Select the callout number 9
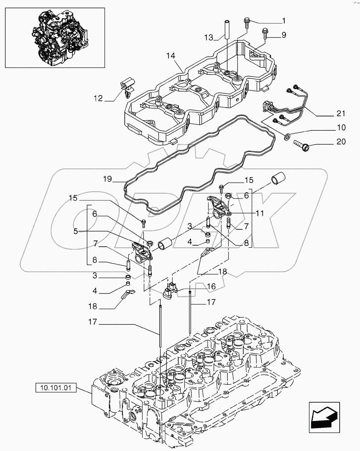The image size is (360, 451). tap(284, 35)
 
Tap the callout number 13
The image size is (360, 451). tap(209, 37)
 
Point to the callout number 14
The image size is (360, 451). tap(171, 56)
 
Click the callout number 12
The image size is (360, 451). tap(98, 98)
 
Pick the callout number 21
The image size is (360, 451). tap(341, 114)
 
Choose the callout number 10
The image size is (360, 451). tap(341, 128)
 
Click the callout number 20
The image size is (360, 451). tap(341, 142)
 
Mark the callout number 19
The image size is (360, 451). tap(108, 179)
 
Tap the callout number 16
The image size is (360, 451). tap(211, 286)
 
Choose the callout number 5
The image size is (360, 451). tap(75, 231)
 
